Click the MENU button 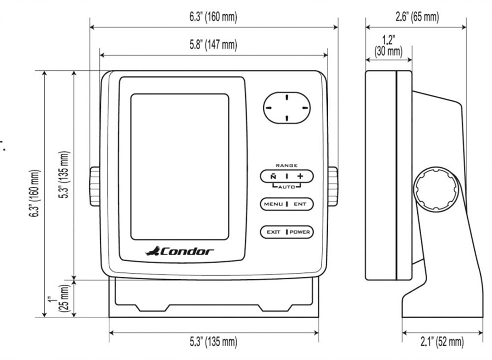coord(273,204)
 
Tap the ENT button coord(300,204)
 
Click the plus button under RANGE coord(300,176)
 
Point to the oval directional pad coord(286,106)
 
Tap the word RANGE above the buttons coord(286,165)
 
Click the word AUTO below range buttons coord(286,187)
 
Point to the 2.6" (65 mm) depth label coord(417,17)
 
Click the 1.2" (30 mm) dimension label coord(388,45)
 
